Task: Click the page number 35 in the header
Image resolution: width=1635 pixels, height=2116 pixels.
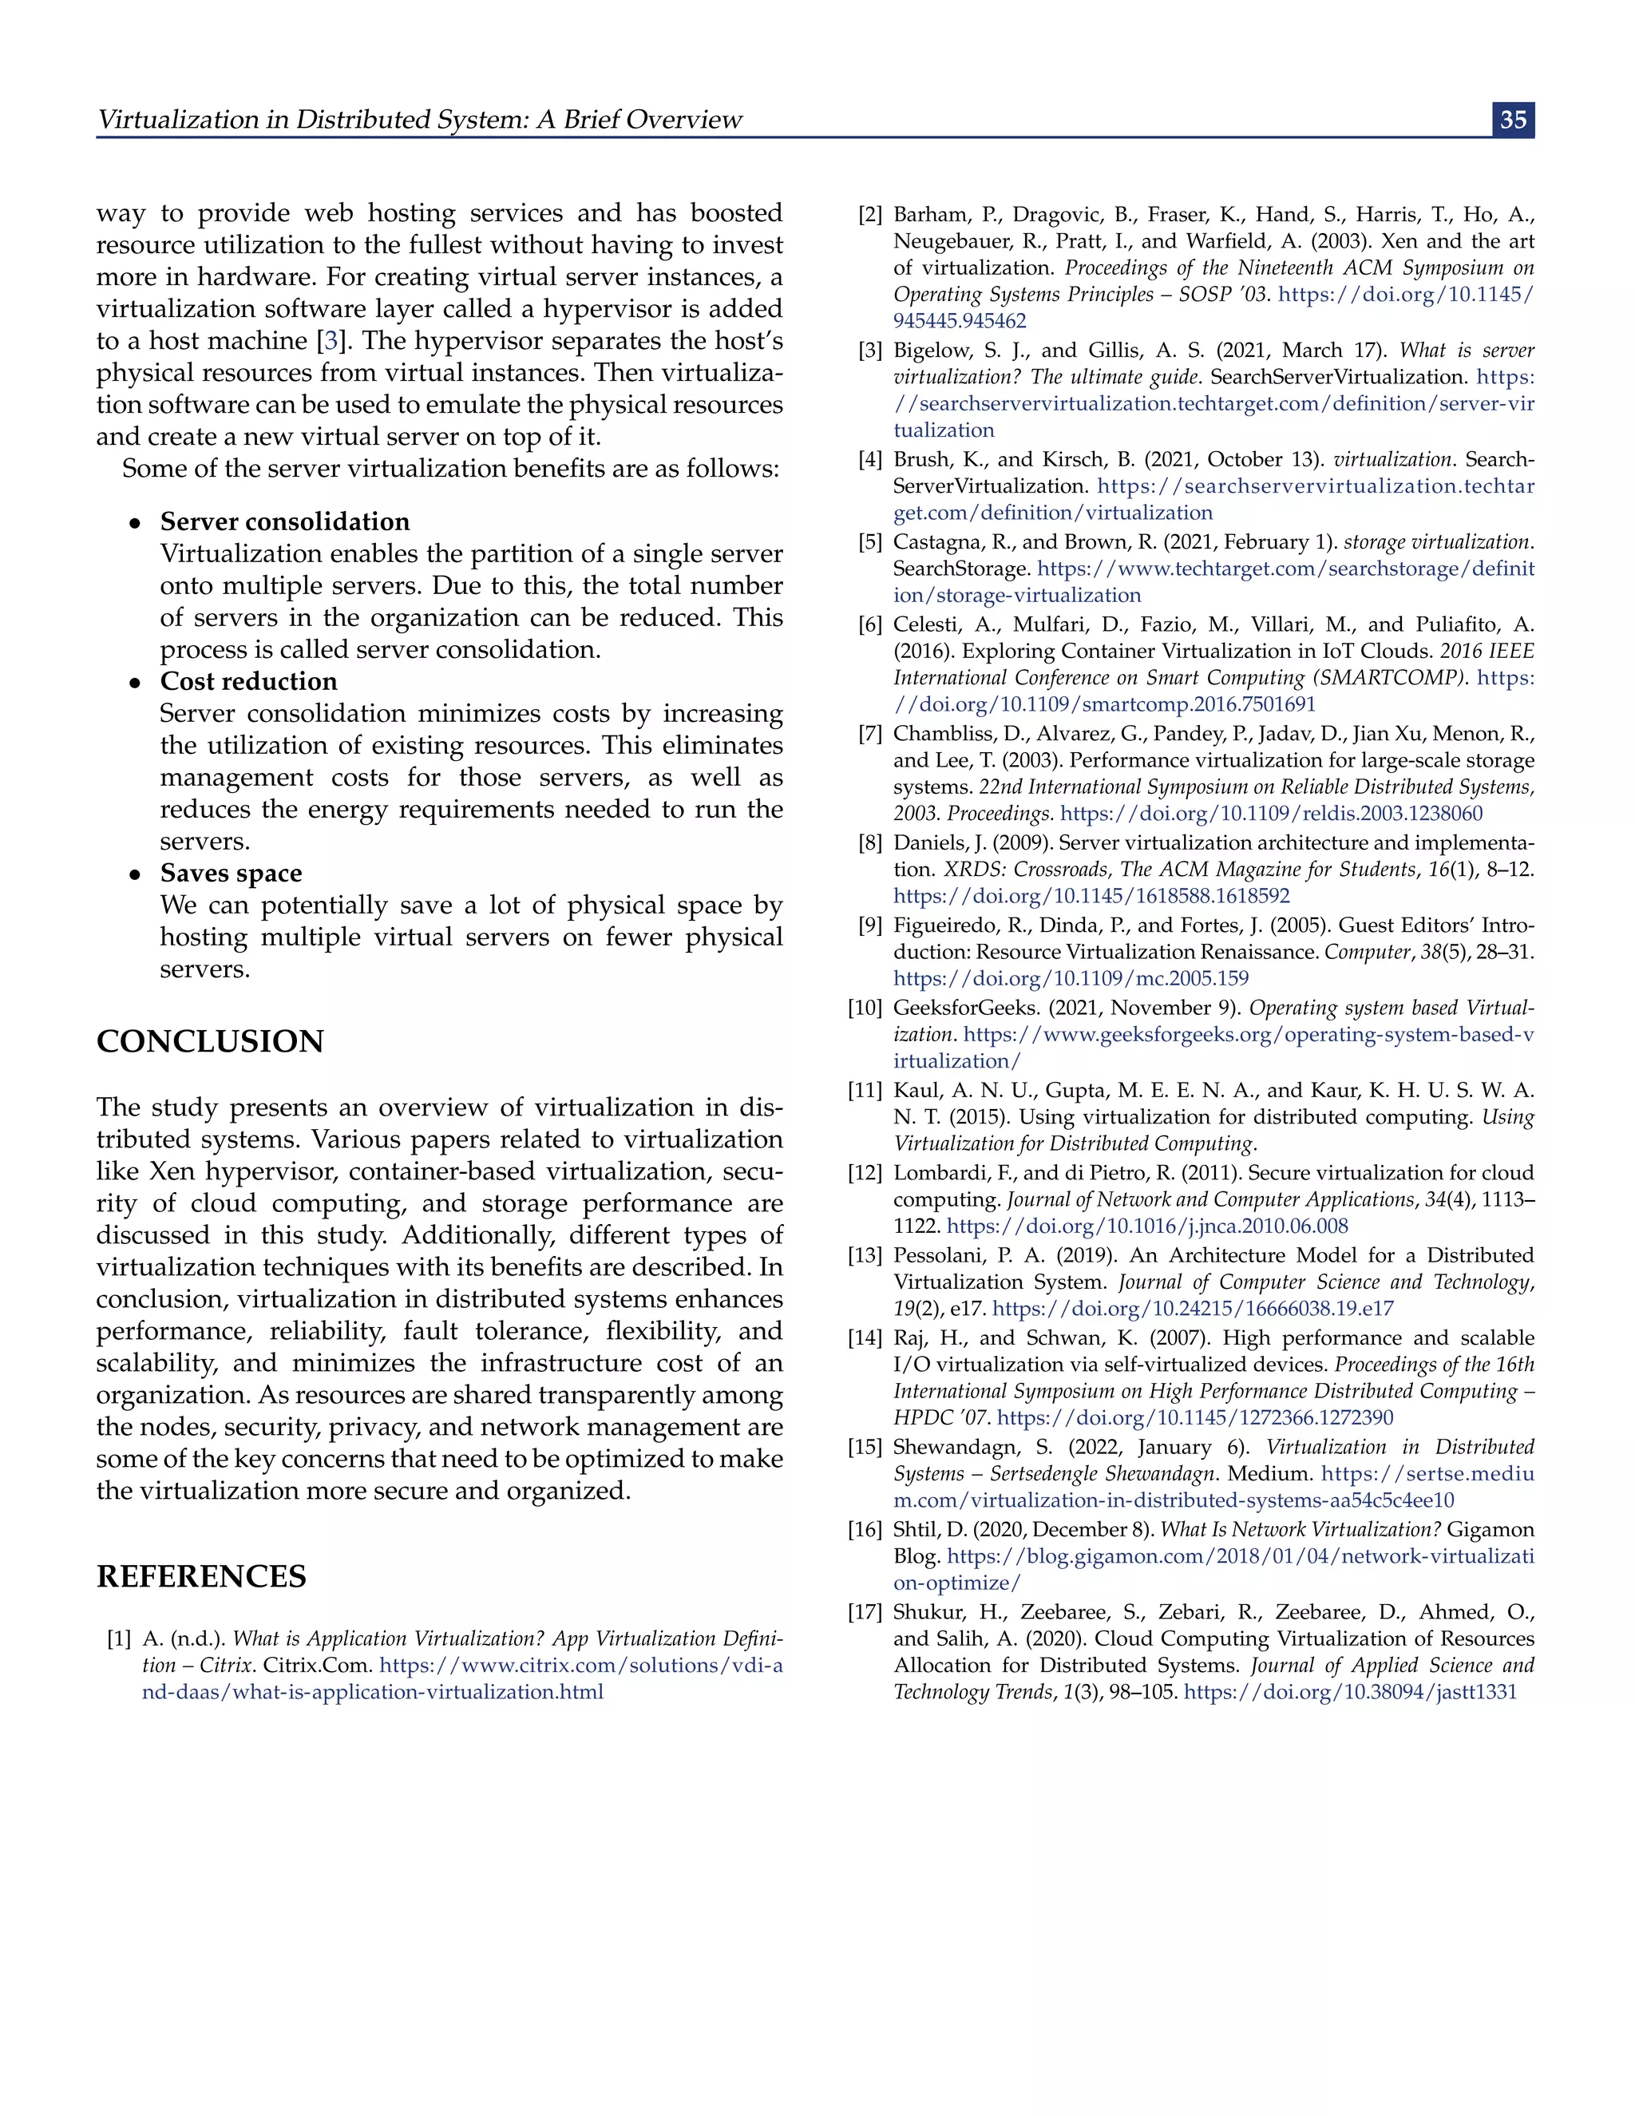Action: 1512,119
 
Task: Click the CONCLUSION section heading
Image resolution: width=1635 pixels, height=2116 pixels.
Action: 210,1041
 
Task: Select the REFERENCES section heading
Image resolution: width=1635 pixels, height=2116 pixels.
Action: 201,1576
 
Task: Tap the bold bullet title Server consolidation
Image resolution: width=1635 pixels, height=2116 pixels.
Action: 285,521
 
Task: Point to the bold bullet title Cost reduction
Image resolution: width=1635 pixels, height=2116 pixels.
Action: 249,681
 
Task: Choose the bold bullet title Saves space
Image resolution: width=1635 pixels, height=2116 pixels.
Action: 232,873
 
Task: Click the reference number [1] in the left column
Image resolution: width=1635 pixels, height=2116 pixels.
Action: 119,1639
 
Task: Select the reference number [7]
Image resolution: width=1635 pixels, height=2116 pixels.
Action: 870,735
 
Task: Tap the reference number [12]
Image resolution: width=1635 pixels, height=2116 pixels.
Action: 865,1173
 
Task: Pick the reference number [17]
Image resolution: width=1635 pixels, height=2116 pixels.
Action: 865,1612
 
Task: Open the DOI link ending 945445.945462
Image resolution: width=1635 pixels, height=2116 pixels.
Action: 959,322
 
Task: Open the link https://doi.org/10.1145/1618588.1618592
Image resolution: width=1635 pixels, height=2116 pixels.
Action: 1091,896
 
